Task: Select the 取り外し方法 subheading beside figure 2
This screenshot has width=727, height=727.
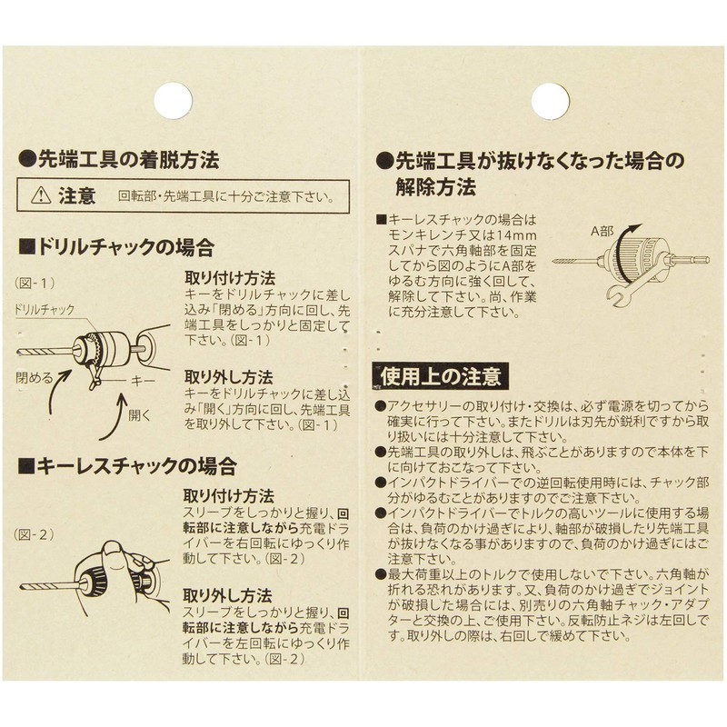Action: click(228, 596)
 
